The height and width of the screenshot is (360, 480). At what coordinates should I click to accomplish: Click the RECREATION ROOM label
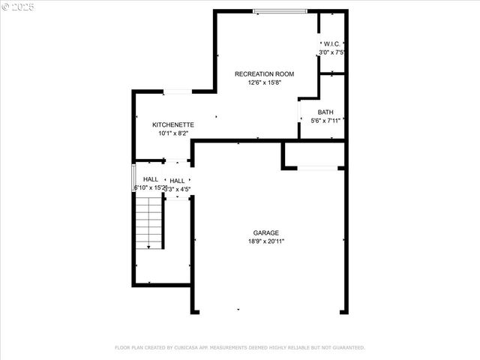[x=264, y=74]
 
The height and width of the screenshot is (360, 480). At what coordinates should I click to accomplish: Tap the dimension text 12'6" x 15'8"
[x=264, y=82]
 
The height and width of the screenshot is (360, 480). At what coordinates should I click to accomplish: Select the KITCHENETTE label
[x=173, y=124]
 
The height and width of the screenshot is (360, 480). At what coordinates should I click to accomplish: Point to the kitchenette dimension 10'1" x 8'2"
[x=173, y=133]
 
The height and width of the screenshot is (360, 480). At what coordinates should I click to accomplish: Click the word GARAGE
[x=266, y=233]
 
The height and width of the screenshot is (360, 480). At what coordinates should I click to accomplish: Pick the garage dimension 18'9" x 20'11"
[x=266, y=241]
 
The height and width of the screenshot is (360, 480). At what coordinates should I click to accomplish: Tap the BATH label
[x=325, y=112]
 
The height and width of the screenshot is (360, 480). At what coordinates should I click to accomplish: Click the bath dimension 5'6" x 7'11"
[x=325, y=120]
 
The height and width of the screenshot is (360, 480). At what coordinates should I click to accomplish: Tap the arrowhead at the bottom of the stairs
[x=148, y=247]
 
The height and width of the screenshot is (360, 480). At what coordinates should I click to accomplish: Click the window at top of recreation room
[x=280, y=10]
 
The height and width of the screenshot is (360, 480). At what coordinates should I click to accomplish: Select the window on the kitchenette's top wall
[x=176, y=91]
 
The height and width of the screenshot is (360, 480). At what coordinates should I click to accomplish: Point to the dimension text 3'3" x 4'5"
[x=178, y=190]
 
